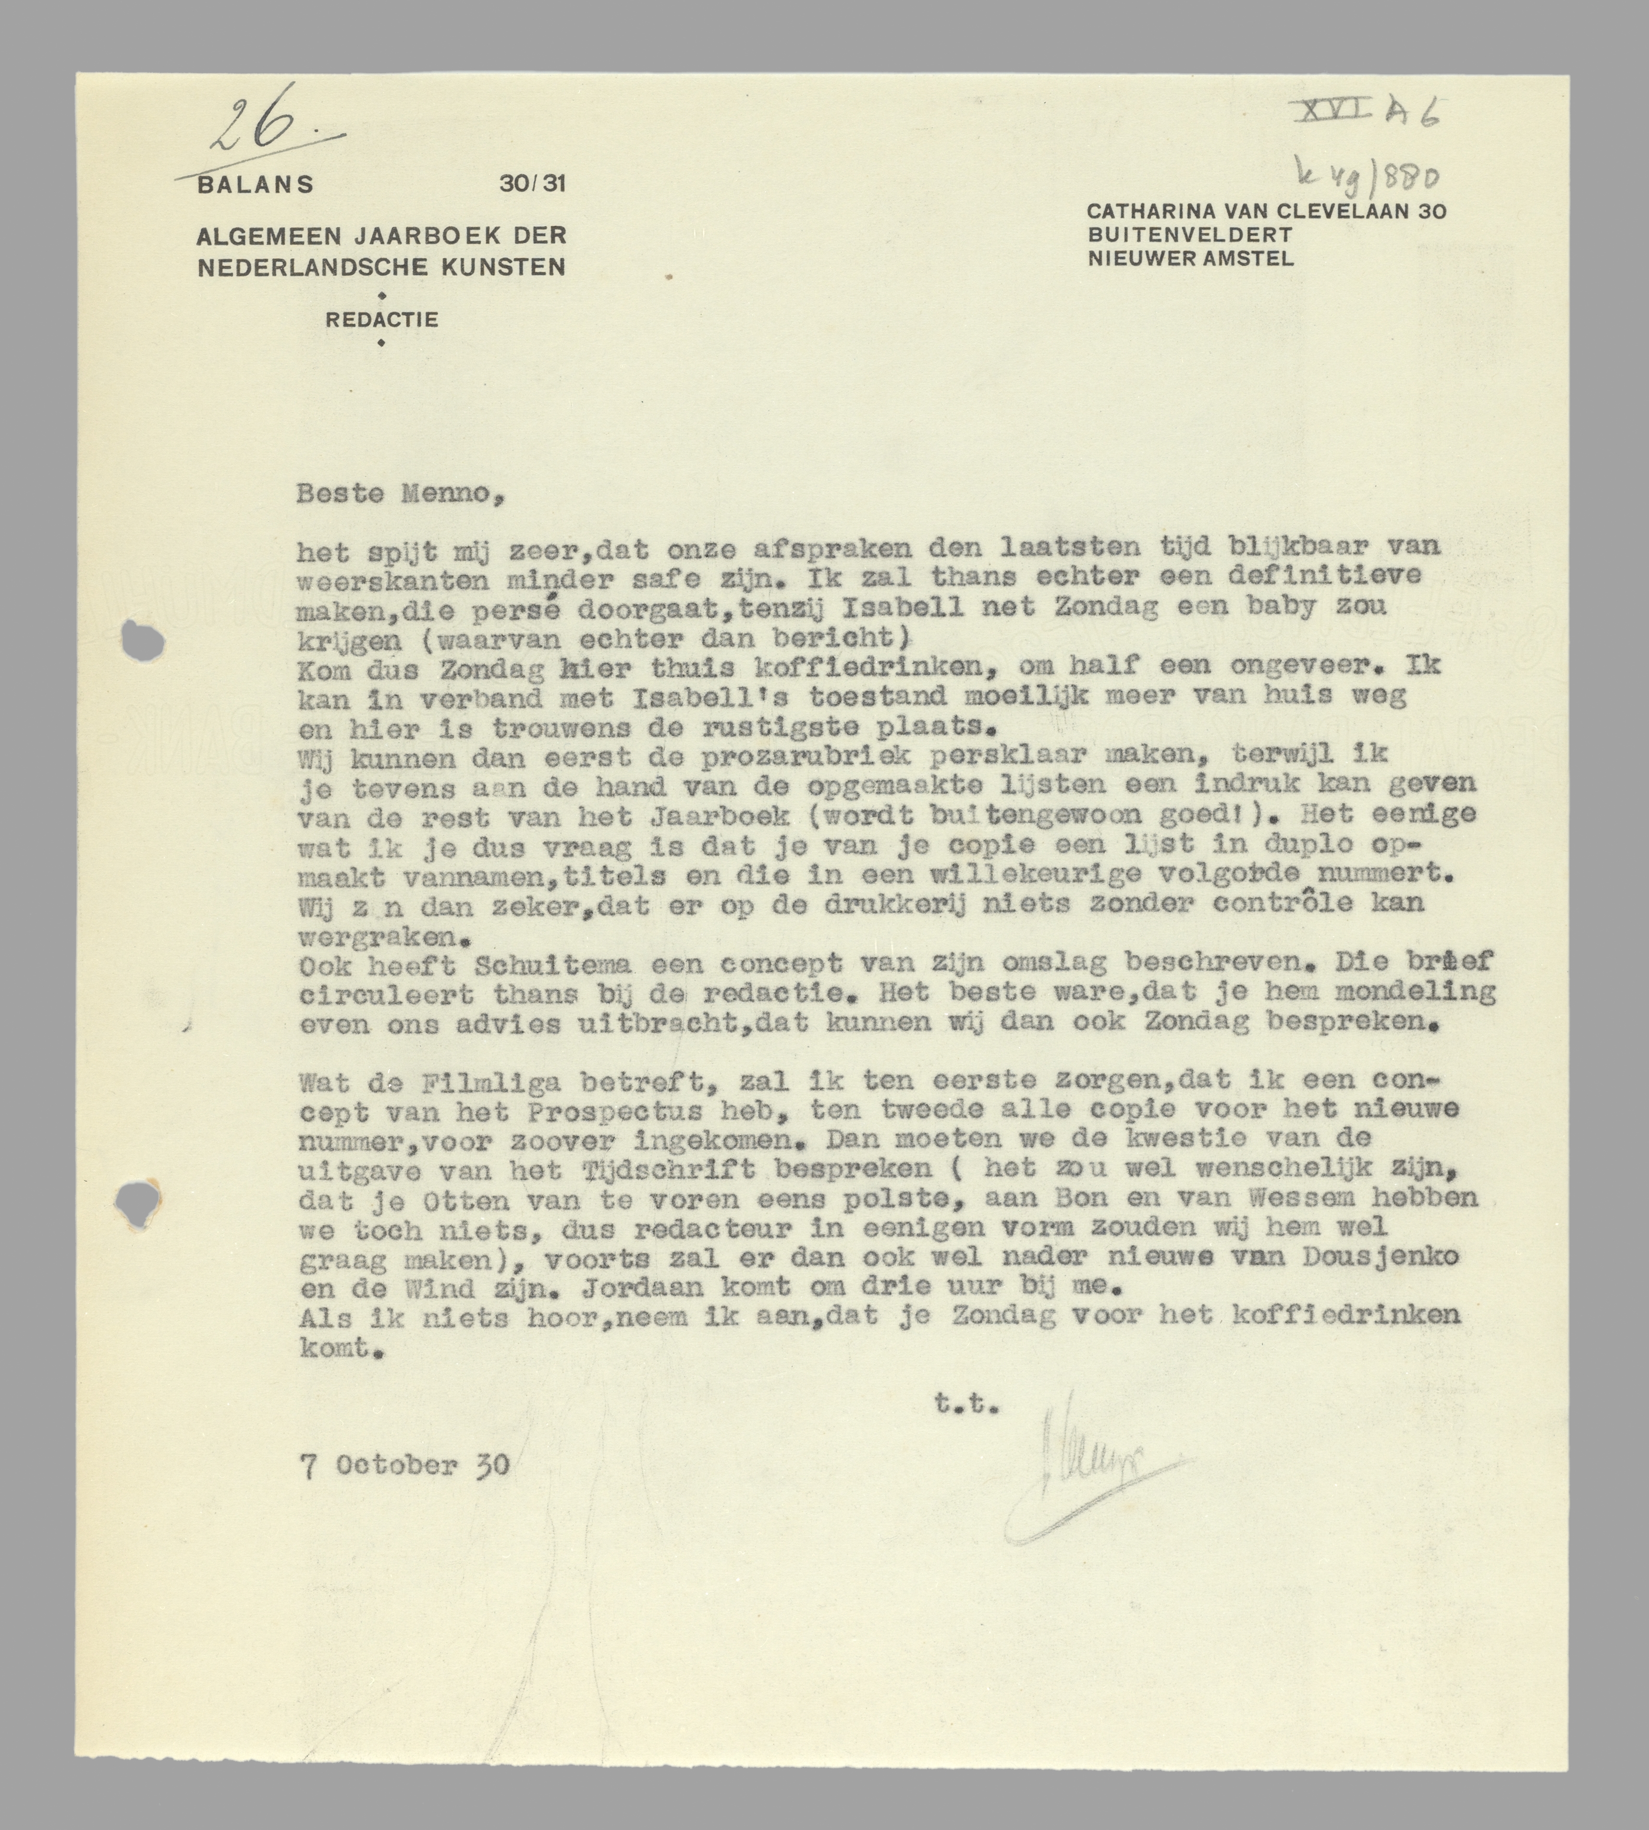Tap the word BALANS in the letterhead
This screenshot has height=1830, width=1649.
[255, 185]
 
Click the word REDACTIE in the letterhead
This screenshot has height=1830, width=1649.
[381, 320]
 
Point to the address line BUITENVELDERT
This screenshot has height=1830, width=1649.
[1190, 235]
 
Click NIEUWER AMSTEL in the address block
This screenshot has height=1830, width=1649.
[1191, 258]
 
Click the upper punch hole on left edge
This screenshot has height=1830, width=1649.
[143, 641]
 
